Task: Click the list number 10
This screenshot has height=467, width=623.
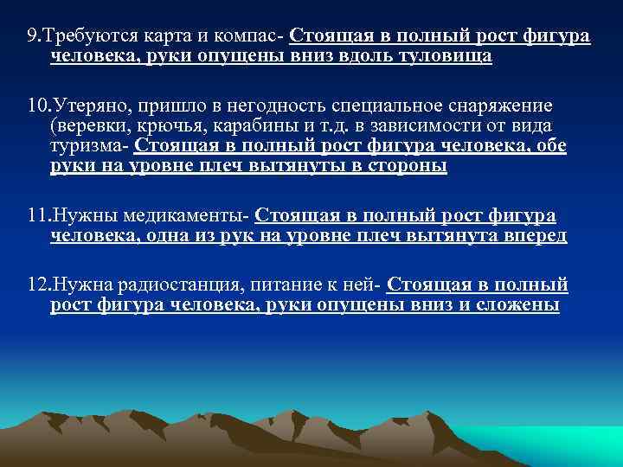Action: pos(38,106)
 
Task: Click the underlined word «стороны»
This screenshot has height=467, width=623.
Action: pos(404,166)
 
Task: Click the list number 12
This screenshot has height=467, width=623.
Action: pos(38,285)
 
